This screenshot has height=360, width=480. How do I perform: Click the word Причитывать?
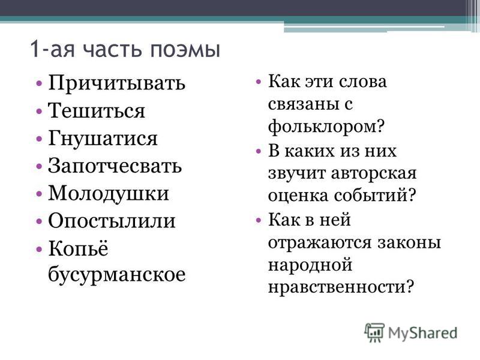point(116,83)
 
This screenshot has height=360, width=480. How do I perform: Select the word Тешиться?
point(97,110)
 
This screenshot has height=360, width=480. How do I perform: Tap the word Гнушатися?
point(103,139)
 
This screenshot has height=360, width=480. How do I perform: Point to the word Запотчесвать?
point(115,166)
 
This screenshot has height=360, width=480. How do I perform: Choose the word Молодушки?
point(109,194)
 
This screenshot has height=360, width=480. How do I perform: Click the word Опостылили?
point(112,221)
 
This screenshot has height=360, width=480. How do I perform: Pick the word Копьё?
point(79,248)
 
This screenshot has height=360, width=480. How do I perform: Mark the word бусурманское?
point(116,275)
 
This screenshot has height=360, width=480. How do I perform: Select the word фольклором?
point(326,126)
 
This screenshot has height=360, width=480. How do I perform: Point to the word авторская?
point(374,173)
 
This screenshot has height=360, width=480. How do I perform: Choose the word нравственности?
point(341,287)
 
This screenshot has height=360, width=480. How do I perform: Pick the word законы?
point(409,242)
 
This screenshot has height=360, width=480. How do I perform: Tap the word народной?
point(310,265)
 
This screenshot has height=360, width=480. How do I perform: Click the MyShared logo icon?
point(374,332)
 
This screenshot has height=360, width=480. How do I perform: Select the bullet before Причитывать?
point(39,83)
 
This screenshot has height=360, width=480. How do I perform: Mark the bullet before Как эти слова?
point(259,82)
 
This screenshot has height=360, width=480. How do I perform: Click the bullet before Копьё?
point(39,248)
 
